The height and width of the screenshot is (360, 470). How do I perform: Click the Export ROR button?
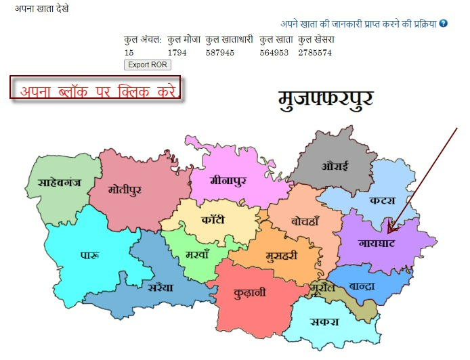(x=148, y=65)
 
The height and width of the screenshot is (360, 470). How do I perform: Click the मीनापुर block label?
(x=228, y=181)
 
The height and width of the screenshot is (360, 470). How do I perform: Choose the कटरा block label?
(x=383, y=200)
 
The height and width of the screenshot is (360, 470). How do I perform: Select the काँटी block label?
(x=218, y=221)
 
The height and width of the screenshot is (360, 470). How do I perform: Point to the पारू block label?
(x=90, y=256)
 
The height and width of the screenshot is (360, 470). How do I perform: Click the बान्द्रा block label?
(x=362, y=286)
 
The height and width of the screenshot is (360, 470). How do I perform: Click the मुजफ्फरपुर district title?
(x=326, y=99)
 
